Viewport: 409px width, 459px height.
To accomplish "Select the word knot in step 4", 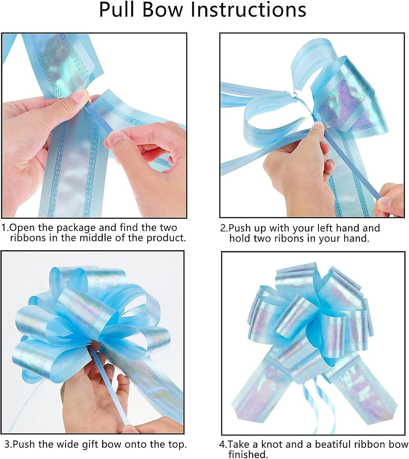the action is point(272,445).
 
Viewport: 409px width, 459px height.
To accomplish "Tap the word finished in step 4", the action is point(248,454).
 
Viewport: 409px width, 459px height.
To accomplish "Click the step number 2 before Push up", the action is point(224,228).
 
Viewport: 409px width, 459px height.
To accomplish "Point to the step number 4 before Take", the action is point(223,445).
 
